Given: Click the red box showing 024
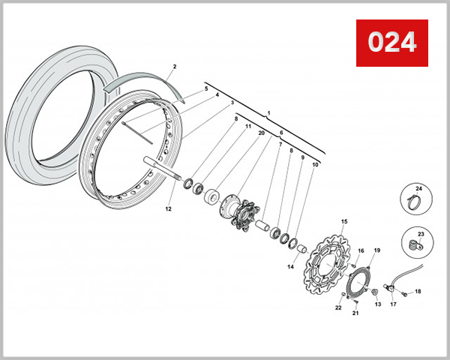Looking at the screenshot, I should [391, 42].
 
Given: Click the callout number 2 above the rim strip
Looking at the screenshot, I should [174, 67].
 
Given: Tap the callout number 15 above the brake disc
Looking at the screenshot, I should [344, 221].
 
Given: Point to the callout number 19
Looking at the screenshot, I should [377, 250].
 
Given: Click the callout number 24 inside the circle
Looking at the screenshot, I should [419, 188].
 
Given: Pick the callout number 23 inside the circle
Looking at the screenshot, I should [421, 234].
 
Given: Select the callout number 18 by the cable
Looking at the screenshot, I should [418, 291].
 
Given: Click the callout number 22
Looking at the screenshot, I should [338, 308].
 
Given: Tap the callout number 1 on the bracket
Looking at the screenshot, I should [267, 112].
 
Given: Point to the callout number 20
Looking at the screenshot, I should [261, 133].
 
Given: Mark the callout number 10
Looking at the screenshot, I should [315, 163].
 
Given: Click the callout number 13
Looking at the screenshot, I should [377, 305].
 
